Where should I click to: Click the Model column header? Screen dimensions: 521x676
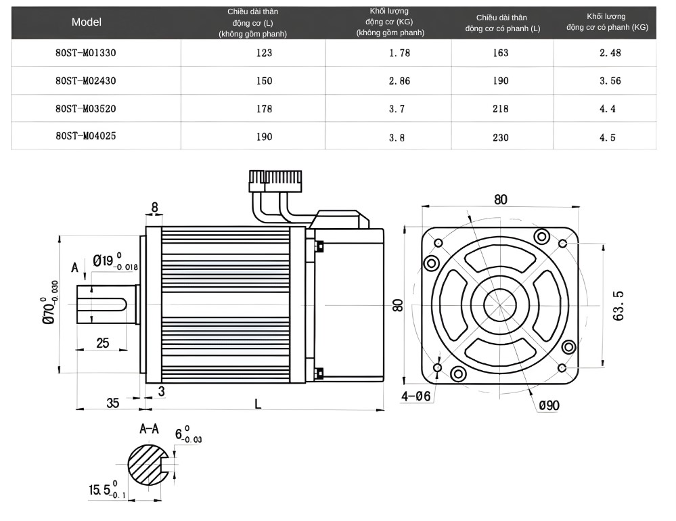pyautogui.click(x=87, y=22)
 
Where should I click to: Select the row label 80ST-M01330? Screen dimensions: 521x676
pyautogui.click(x=86, y=52)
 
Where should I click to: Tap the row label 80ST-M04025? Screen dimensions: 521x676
pyautogui.click(x=86, y=136)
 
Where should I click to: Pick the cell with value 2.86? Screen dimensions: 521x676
pyautogui.click(x=399, y=81)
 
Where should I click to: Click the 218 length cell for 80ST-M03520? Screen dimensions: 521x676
pyautogui.click(x=501, y=108)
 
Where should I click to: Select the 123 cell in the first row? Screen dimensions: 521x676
pyautogui.click(x=264, y=52)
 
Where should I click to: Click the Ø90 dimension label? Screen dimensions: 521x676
pyautogui.click(x=549, y=405)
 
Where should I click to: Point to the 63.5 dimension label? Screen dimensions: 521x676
pyautogui.click(x=618, y=304)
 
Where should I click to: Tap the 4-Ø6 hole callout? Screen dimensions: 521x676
pyautogui.click(x=415, y=397)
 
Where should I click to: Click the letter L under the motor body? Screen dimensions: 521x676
pyautogui.click(x=258, y=404)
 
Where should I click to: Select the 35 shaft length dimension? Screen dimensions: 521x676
pyautogui.click(x=112, y=403)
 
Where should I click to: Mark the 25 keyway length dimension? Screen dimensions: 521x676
pyautogui.click(x=102, y=343)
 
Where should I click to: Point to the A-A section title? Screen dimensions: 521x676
pyautogui.click(x=149, y=428)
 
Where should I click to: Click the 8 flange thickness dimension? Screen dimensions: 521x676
pyautogui.click(x=155, y=207)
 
